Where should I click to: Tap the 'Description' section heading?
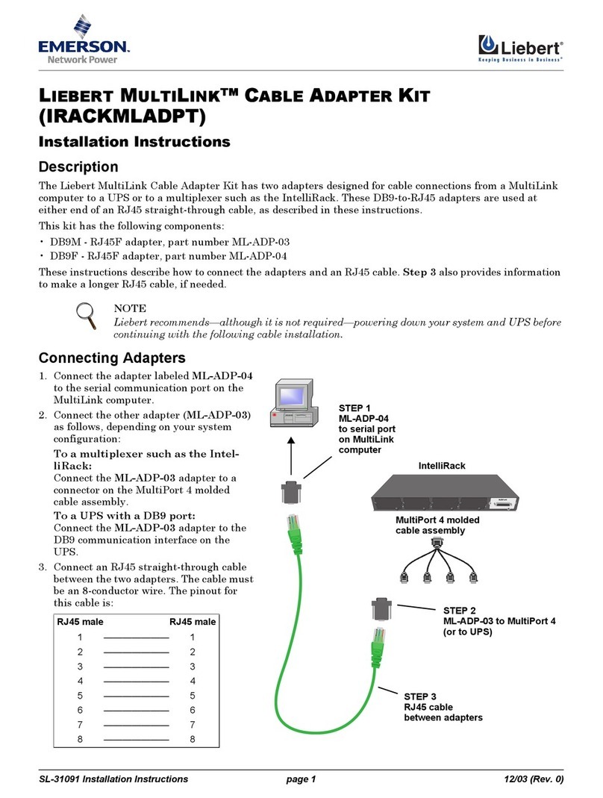tap(78, 166)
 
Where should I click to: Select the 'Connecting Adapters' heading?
tap(112, 358)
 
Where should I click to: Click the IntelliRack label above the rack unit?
tap(442, 466)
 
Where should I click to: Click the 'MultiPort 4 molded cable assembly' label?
tap(437, 525)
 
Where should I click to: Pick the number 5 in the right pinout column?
tap(193, 695)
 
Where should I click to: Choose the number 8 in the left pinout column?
tap(80, 739)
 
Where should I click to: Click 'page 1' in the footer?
tap(301, 779)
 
